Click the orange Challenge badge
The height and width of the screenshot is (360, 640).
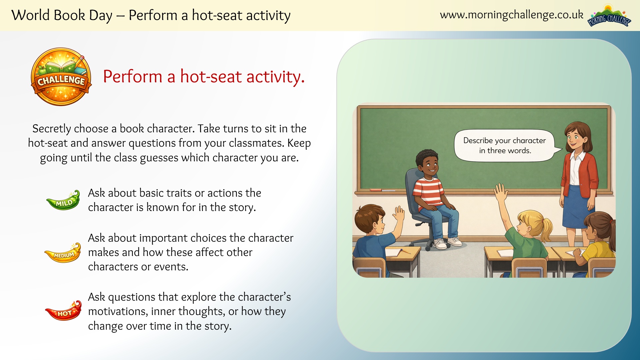[61, 77]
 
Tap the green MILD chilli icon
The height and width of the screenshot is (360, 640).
[63, 200]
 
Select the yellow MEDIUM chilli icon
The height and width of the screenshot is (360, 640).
[63, 253]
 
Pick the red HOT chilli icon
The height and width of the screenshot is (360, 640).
[63, 311]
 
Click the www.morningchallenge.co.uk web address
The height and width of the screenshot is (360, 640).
[511, 15]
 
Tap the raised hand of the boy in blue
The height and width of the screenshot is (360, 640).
[399, 214]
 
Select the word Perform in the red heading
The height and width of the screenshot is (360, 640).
[132, 77]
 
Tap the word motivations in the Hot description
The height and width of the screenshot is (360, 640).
[118, 311]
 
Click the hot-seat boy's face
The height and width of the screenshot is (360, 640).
[429, 165]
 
